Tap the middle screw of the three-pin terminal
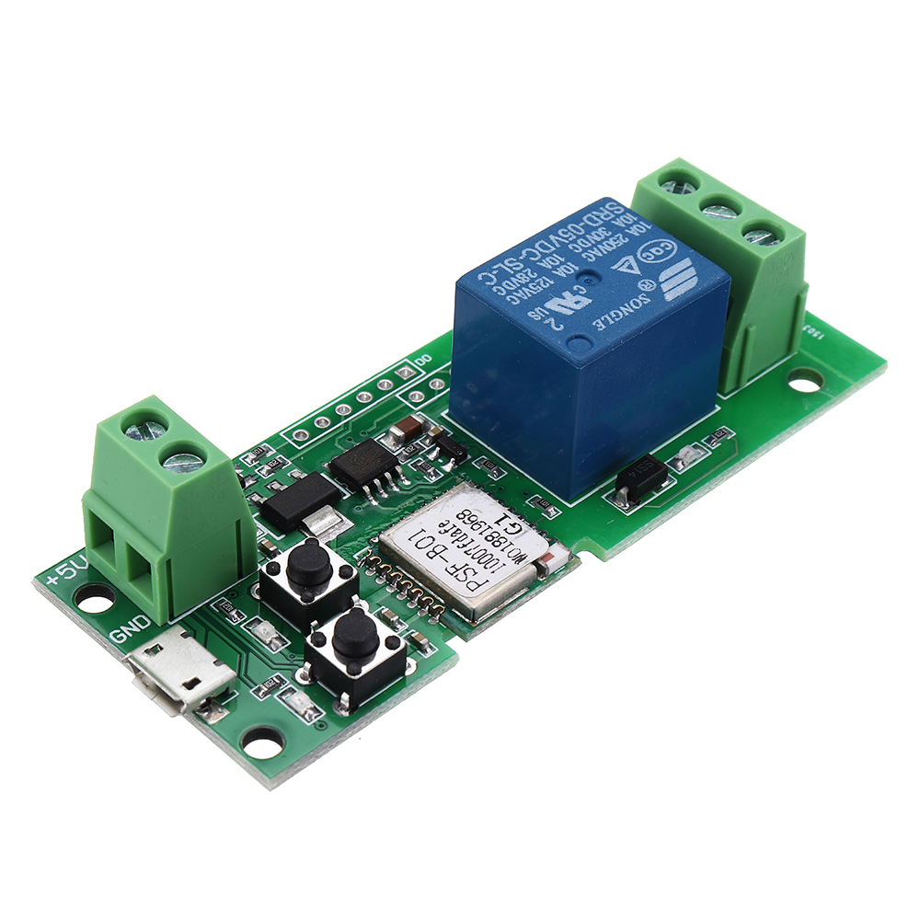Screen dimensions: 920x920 pyautogui.click(x=718, y=211)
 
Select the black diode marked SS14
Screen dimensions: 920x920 pyautogui.click(x=636, y=481)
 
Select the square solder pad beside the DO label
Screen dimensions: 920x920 pyautogui.click(x=404, y=373)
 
